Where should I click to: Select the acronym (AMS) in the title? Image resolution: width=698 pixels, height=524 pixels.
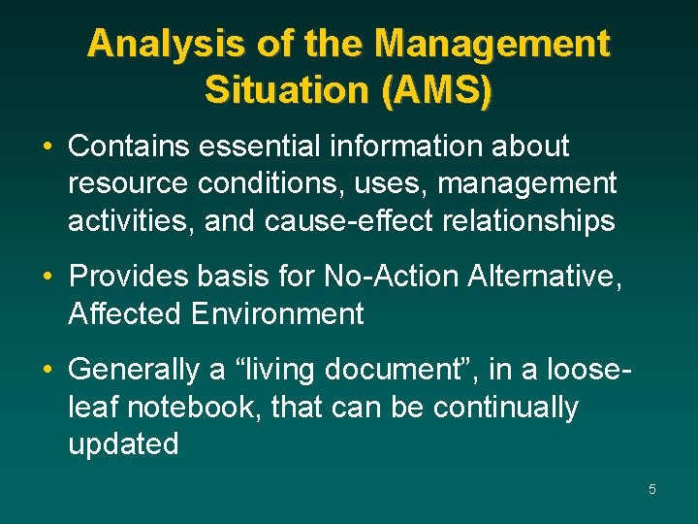(x=437, y=89)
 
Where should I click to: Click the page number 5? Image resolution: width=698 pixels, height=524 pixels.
(x=651, y=489)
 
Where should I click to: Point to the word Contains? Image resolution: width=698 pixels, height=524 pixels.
(x=131, y=147)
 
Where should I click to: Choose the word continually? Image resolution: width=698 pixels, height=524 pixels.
(x=505, y=408)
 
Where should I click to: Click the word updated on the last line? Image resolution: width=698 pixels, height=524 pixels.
(x=123, y=444)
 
